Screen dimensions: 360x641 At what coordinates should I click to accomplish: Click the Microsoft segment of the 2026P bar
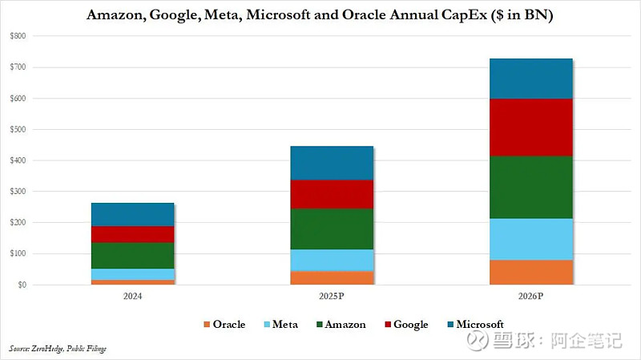pos(530,79)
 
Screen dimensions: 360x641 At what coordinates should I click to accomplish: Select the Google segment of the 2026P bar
pos(530,127)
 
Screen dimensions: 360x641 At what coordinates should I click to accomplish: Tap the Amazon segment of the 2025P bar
pos(332,229)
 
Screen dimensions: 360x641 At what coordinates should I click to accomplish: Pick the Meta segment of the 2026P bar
pos(530,239)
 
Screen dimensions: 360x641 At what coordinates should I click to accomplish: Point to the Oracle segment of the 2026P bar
pos(530,272)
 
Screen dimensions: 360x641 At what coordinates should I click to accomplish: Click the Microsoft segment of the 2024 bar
pos(133,215)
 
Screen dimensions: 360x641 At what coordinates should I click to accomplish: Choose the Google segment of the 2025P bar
pos(332,194)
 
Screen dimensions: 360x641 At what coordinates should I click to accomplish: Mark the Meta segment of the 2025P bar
pos(332,261)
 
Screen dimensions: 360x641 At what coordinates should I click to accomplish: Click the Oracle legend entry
pos(224,325)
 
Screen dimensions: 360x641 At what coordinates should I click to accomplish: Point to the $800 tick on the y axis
pos(18,36)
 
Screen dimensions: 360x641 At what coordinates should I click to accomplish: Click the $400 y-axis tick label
pos(18,160)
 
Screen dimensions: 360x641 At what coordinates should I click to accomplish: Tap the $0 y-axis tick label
pos(21,285)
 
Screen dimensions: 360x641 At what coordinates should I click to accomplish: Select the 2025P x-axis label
pos(332,296)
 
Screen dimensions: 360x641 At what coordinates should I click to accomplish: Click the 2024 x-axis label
pos(133,296)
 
